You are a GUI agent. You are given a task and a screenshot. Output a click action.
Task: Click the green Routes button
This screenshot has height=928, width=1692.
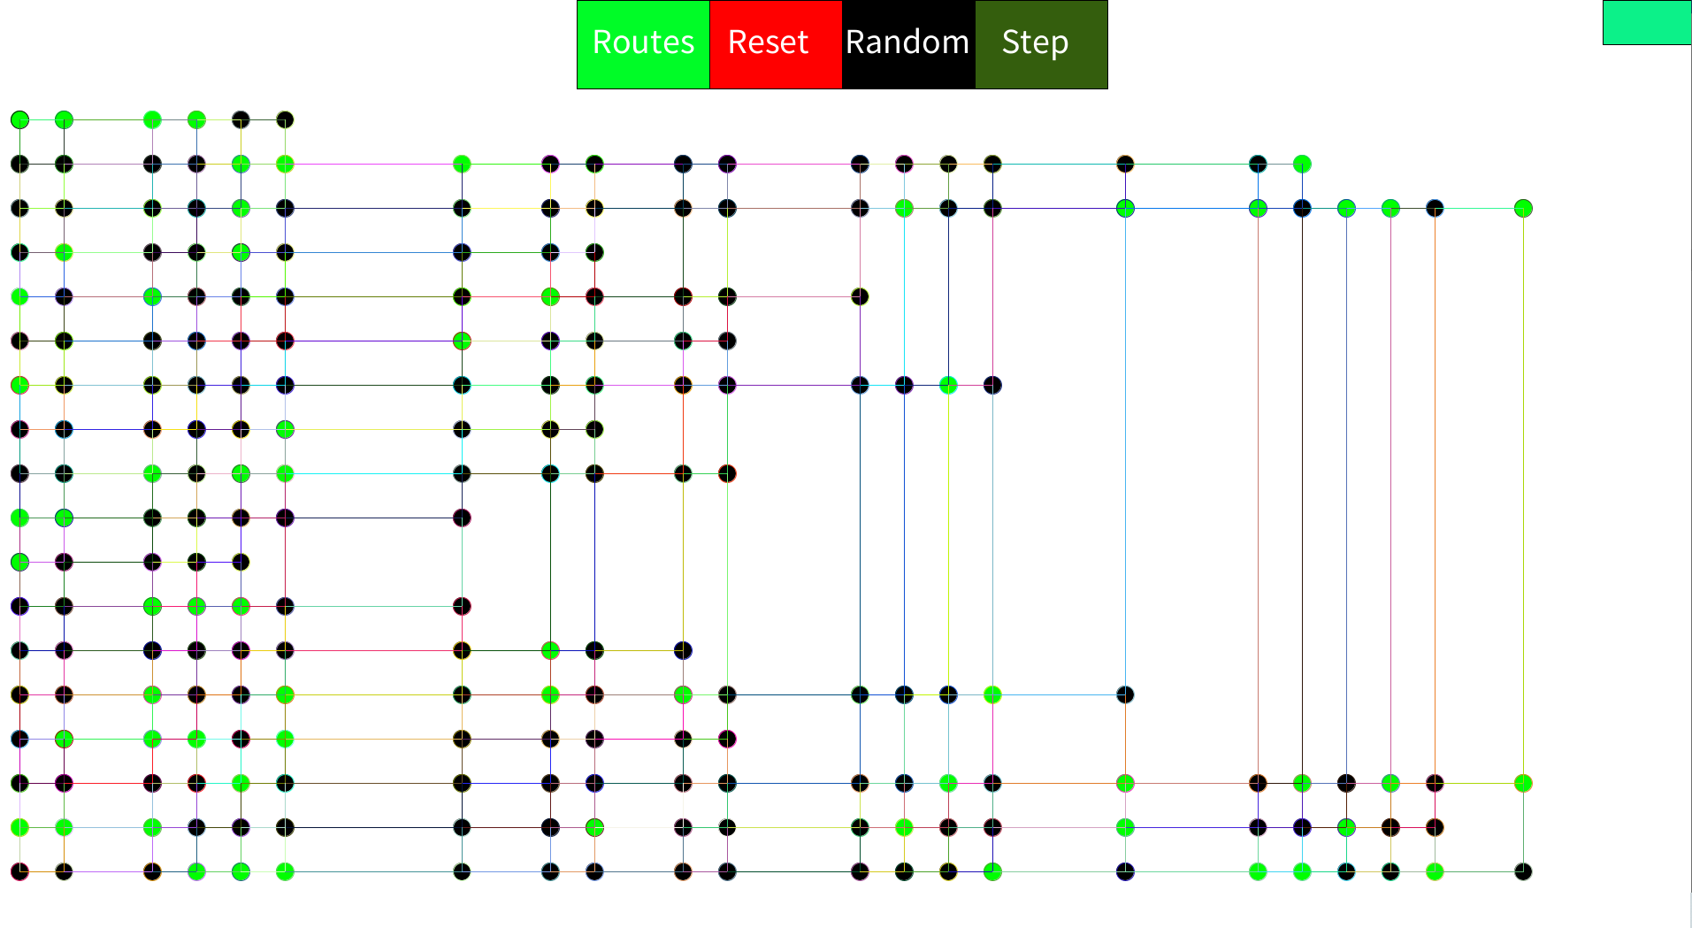(643, 44)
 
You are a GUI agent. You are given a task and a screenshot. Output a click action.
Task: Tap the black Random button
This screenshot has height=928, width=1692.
(907, 44)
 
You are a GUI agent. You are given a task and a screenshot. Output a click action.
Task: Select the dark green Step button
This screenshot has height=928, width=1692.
(1041, 44)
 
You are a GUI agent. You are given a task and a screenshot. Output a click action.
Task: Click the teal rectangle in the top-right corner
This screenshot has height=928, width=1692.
(1646, 22)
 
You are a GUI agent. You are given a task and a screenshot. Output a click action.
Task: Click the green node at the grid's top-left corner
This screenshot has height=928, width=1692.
(19, 119)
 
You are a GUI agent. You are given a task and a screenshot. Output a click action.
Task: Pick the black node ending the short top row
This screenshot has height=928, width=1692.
(285, 119)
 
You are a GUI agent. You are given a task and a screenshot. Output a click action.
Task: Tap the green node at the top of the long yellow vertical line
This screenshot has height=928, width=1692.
(1523, 208)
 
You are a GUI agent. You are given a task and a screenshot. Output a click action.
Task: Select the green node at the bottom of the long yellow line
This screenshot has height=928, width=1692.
(1523, 783)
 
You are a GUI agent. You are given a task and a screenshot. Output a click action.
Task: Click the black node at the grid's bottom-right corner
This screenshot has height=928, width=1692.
(1523, 871)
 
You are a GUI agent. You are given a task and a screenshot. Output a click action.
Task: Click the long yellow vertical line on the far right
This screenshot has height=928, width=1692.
(1523, 495)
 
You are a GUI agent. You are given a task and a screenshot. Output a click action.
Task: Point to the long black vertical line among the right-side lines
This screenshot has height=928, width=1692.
(1302, 495)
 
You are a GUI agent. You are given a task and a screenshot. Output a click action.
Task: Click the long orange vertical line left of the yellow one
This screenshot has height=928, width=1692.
(1435, 495)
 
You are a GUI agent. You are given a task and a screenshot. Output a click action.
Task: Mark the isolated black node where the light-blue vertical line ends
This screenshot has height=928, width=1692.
(1125, 694)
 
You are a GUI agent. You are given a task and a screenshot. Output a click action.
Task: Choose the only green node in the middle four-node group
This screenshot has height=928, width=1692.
(948, 385)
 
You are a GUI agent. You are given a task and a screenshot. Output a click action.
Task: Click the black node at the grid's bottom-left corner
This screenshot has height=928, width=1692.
(19, 871)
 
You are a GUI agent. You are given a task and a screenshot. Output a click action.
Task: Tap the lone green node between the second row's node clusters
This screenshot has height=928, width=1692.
(462, 164)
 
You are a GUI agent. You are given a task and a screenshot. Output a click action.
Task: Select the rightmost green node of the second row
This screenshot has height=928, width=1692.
(1302, 164)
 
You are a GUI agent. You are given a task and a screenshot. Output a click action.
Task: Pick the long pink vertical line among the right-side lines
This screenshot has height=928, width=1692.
(1390, 495)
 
